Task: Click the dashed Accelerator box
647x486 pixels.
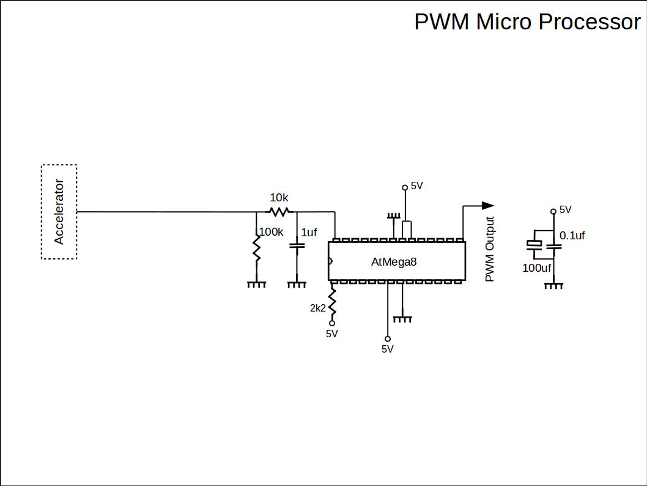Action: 59,212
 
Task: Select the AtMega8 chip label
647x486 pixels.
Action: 394,262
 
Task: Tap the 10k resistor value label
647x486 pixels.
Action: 279,198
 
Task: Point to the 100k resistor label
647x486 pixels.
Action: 272,232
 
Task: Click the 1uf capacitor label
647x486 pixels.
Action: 309,233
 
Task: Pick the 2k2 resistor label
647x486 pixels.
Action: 318,308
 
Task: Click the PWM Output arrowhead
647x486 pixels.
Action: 487,206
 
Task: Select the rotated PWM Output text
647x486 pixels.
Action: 489,250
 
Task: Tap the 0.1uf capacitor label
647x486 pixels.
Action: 572,236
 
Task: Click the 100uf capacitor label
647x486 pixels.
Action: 537,268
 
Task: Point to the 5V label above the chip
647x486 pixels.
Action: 416,185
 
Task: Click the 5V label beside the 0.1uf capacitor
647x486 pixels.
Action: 565,210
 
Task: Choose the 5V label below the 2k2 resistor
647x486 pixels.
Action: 331,334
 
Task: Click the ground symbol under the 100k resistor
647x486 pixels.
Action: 257,284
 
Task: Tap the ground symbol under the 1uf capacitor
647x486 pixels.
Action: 297,284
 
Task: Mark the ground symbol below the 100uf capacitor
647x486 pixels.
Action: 553,285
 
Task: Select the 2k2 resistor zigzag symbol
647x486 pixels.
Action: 332,301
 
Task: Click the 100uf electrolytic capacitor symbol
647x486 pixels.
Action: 534,245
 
